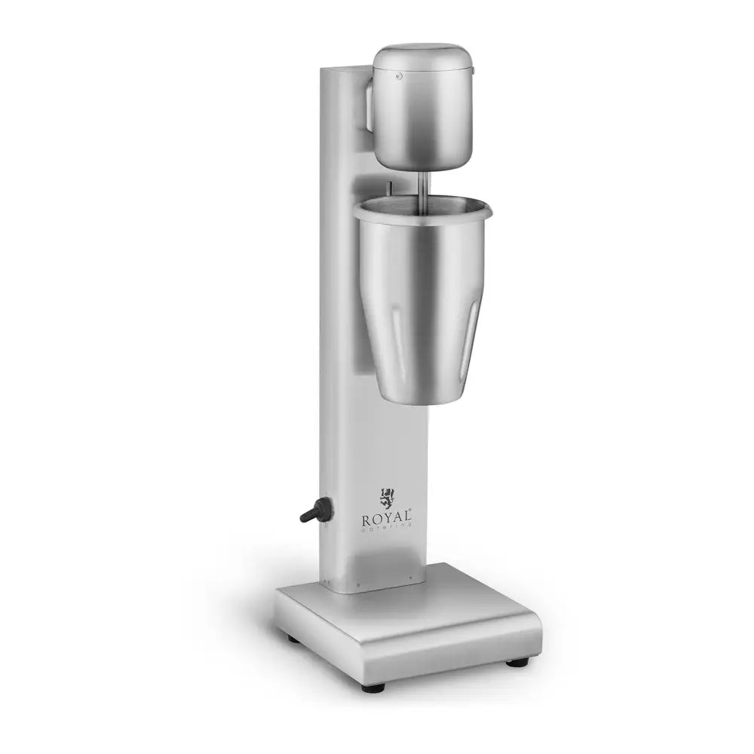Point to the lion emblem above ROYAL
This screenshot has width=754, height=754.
(x=388, y=498)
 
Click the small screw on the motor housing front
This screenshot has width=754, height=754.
(x=399, y=75)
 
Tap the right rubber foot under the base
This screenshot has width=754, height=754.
(x=517, y=663)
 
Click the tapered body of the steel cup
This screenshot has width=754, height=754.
(x=422, y=317)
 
